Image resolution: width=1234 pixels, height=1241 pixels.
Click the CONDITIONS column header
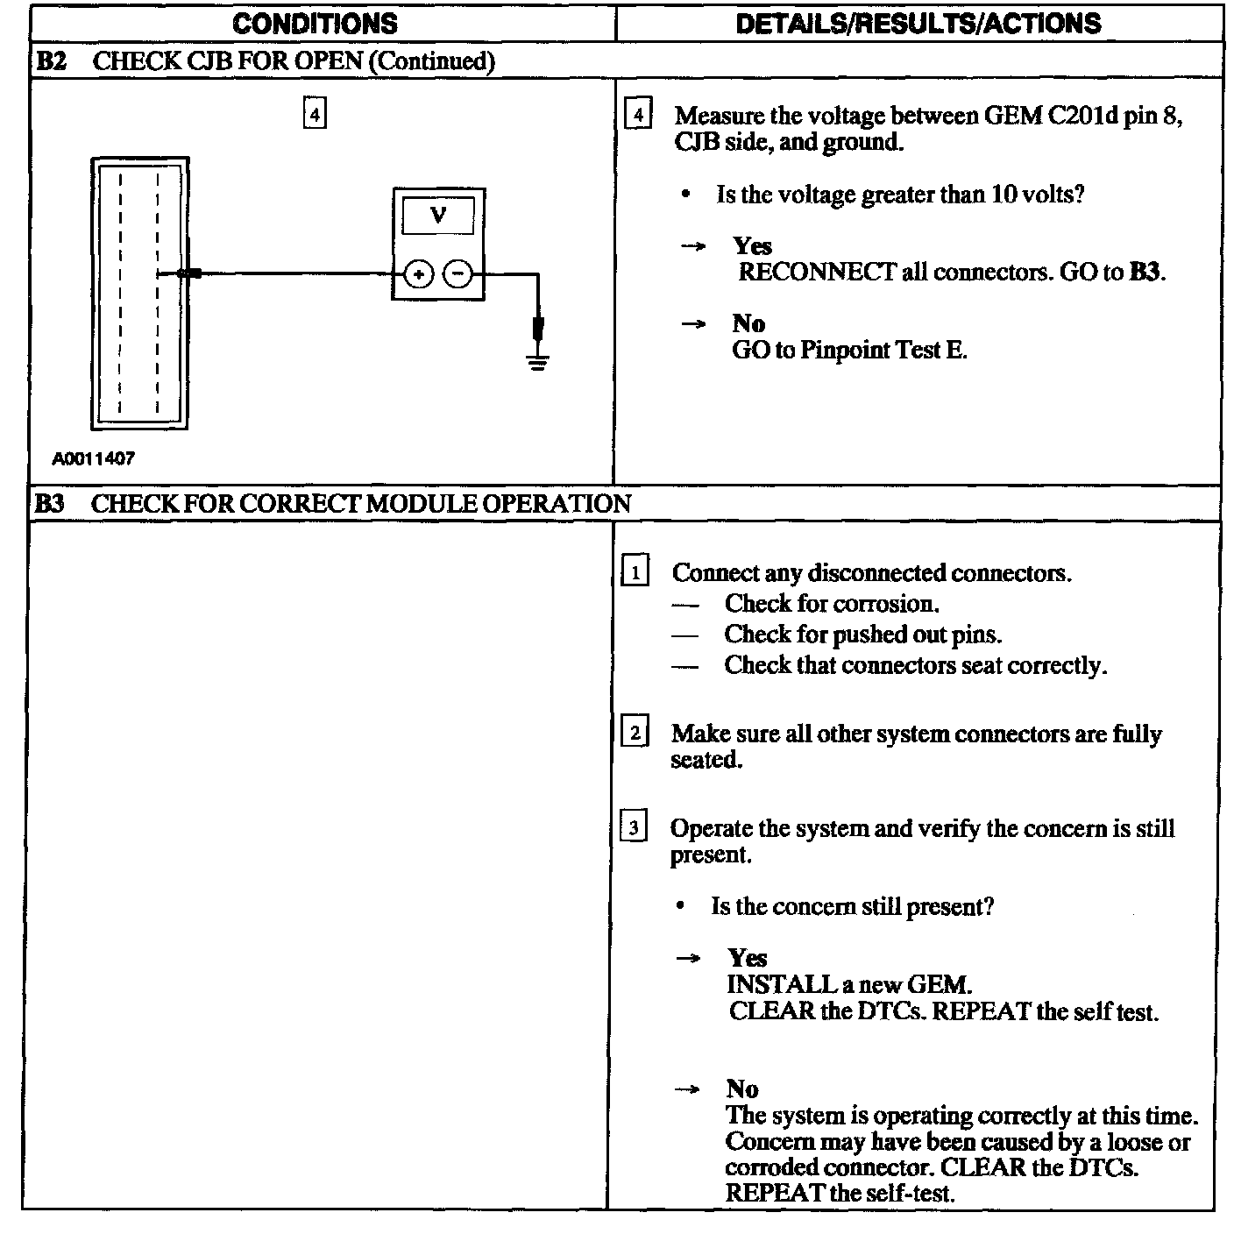pyautogui.click(x=315, y=24)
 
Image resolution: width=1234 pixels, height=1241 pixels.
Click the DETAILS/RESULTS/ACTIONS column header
pyautogui.click(x=918, y=24)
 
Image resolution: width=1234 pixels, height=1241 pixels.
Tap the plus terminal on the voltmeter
pyautogui.click(x=419, y=275)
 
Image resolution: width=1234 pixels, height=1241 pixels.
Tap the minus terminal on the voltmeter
pyautogui.click(x=457, y=275)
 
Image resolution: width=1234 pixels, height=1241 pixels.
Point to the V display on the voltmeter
pyautogui.click(x=438, y=215)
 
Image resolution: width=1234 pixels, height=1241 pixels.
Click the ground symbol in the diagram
pyautogui.click(x=538, y=360)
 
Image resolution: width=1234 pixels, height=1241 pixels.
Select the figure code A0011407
pyautogui.click(x=94, y=458)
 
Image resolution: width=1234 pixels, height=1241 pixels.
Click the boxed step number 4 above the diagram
pyautogui.click(x=315, y=114)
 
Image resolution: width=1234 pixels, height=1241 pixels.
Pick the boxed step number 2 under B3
pyautogui.click(x=634, y=732)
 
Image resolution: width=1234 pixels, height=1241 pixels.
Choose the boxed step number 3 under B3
pyautogui.click(x=633, y=827)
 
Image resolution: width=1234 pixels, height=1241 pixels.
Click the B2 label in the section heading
pyautogui.click(x=51, y=60)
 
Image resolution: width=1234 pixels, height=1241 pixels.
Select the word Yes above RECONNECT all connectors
pyautogui.click(x=752, y=246)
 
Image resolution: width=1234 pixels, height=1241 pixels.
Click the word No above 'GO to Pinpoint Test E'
pyautogui.click(x=748, y=324)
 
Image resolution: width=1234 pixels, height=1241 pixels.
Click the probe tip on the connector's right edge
pyautogui.click(x=188, y=274)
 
